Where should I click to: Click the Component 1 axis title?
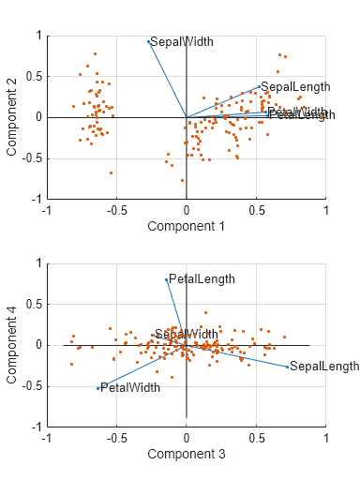[187, 226]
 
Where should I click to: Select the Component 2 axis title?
[13, 117]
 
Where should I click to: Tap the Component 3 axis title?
[187, 454]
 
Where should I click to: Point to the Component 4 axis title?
[13, 345]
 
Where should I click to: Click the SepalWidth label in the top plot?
[182, 42]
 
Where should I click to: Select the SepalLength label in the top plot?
[295, 87]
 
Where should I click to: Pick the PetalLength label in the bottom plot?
[201, 279]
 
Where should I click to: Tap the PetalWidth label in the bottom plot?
[130, 387]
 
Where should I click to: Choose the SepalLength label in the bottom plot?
[324, 366]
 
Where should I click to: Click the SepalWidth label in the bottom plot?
[187, 334]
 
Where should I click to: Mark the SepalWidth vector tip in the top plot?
[148, 41]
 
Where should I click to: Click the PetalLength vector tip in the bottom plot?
[166, 279]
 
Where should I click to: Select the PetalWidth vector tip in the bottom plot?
[97, 388]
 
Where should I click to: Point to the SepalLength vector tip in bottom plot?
[288, 367]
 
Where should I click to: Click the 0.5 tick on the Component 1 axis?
[256, 210]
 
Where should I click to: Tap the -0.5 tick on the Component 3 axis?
[116, 438]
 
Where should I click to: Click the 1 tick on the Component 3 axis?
[325, 438]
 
